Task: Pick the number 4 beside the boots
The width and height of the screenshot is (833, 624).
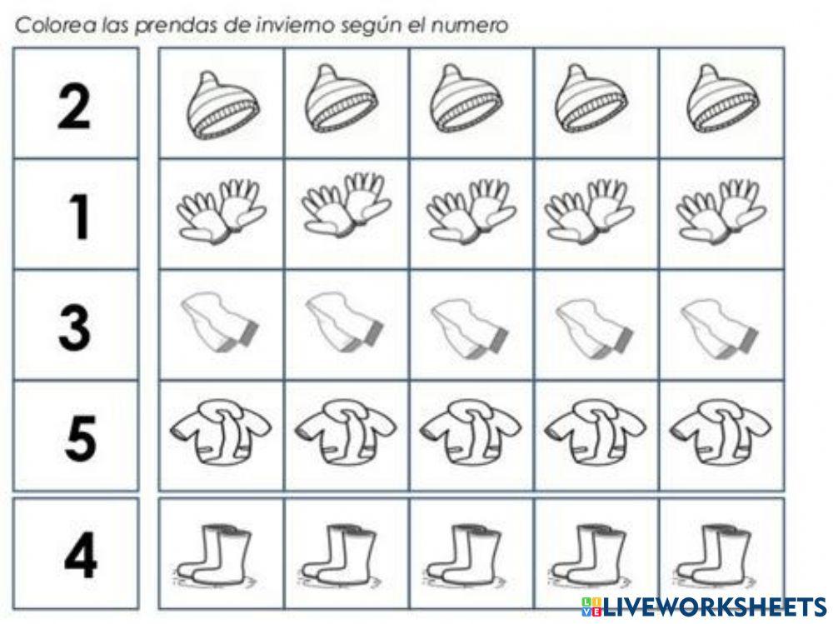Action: [80, 552]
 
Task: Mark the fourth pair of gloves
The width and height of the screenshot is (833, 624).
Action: [595, 212]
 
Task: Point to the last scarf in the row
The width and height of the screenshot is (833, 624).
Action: [719, 324]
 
